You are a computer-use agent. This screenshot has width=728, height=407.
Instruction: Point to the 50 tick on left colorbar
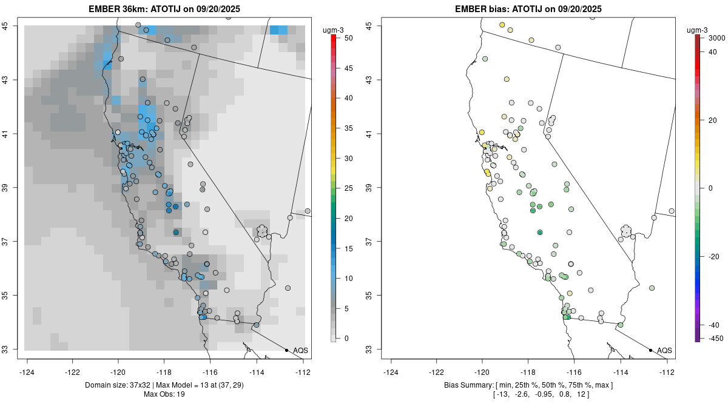343,38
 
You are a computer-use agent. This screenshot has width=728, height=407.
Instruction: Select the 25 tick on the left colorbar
343,188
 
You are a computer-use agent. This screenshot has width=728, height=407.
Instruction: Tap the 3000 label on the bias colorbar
716,38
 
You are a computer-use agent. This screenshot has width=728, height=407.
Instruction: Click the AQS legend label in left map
300,351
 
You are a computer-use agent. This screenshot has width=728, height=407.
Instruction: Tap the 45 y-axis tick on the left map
13,25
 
